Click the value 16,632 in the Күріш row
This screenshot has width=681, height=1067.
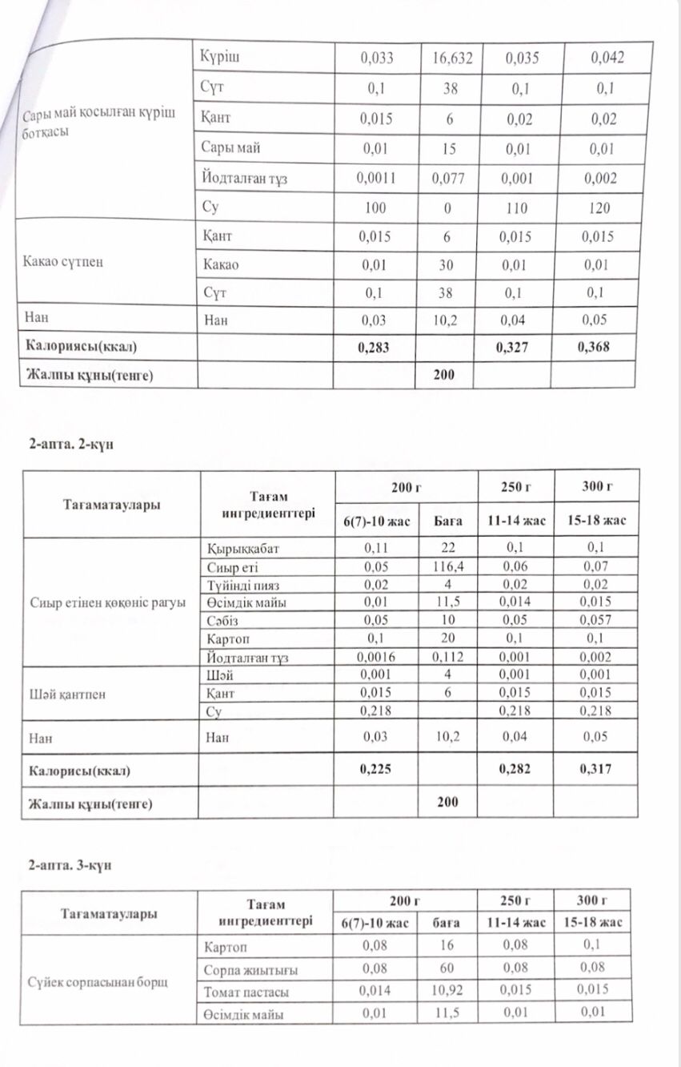click(x=451, y=58)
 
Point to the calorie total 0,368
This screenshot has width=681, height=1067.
click(x=595, y=348)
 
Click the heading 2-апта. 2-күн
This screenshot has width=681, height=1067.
click(x=71, y=445)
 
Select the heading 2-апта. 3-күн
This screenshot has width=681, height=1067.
click(x=71, y=865)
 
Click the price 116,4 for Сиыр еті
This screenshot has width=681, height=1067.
click(x=447, y=567)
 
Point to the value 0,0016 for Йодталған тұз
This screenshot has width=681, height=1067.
click(x=374, y=658)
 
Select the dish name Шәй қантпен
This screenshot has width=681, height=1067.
click(x=67, y=694)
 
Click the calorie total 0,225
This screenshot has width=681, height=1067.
click(x=375, y=770)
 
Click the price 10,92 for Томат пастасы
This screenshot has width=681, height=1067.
click(x=447, y=990)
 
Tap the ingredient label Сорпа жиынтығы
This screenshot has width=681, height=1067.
click(x=252, y=970)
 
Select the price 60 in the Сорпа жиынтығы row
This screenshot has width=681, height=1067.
click(x=447, y=968)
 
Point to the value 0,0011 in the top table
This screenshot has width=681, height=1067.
click(x=375, y=179)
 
